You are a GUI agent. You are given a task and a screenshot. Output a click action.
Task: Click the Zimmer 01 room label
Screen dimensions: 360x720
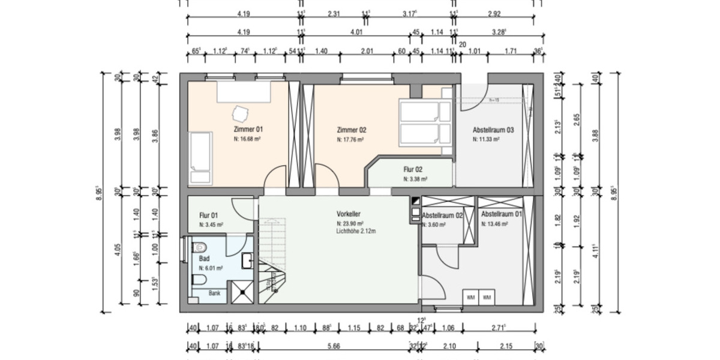[248, 129]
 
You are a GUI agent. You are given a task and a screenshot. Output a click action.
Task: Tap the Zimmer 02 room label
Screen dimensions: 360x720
[352, 130]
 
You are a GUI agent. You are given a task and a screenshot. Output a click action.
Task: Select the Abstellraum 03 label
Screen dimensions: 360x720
[493, 130]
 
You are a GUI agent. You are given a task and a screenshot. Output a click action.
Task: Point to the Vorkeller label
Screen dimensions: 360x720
[349, 214]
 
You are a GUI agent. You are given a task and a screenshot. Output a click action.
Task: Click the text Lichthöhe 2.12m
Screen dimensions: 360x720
[356, 230]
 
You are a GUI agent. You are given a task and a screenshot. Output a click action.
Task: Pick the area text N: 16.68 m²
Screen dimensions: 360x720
[247, 139]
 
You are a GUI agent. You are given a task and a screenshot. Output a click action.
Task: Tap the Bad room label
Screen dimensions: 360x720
[204, 259]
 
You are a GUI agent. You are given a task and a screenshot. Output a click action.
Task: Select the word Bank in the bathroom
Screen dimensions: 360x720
[214, 293]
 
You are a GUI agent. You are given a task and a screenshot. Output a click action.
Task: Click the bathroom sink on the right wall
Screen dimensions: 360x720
[248, 261]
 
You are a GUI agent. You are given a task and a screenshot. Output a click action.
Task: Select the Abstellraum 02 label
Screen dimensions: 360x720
[442, 215]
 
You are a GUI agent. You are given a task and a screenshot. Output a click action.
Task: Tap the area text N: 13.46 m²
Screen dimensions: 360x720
[494, 224]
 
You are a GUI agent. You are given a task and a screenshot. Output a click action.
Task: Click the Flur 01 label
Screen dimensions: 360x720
[208, 215]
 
